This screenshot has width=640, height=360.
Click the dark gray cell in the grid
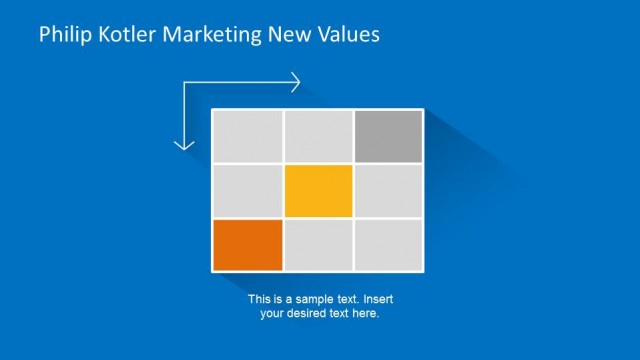[x=388, y=136]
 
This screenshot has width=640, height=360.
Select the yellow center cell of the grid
[x=318, y=191]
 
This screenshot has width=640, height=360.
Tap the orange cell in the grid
[x=248, y=245]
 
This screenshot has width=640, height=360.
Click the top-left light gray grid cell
[x=248, y=136]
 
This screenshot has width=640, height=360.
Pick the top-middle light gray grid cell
[x=318, y=136]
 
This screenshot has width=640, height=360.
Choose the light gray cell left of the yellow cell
[x=248, y=191]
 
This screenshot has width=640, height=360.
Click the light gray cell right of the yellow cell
[x=388, y=191]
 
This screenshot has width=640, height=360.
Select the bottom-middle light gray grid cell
[x=318, y=245]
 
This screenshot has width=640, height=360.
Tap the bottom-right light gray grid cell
[x=388, y=245]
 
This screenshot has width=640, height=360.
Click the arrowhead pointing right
[x=296, y=83]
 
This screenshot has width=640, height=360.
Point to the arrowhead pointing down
[x=184, y=146]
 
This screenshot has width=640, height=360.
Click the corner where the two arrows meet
[x=184, y=83]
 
